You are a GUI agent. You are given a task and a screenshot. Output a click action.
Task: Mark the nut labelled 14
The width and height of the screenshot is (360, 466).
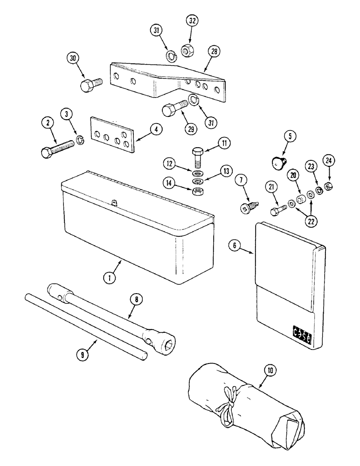tap(196, 192)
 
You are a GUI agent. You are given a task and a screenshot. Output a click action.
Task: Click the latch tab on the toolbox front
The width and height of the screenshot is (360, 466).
tap(114, 202)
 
